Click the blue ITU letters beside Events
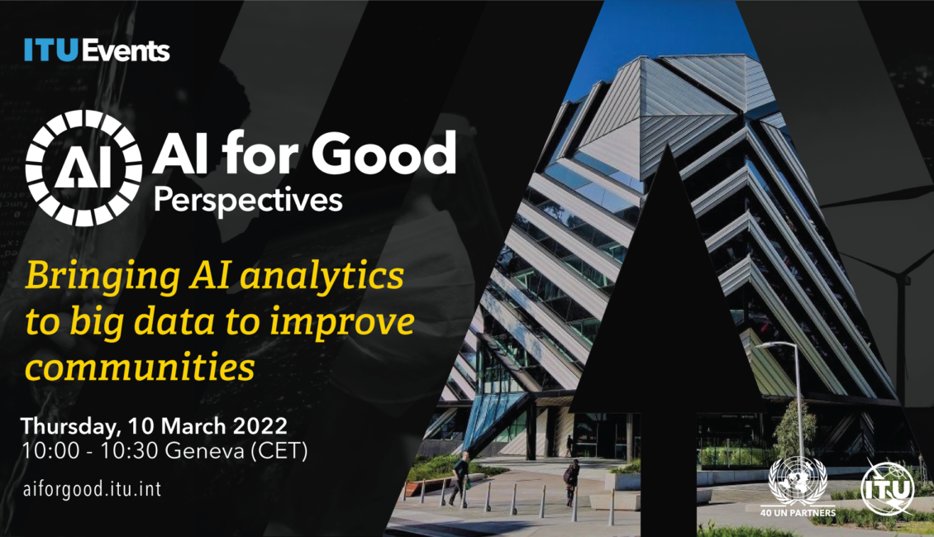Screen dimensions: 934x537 point(51,50)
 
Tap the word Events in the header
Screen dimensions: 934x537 point(126,50)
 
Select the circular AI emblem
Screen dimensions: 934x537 point(83,168)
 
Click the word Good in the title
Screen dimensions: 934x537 point(384,153)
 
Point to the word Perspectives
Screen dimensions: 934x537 point(249,202)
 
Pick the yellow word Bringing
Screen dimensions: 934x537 point(102,278)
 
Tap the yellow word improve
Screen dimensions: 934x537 point(342,323)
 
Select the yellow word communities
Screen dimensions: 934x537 point(140,367)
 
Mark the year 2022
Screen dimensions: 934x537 point(260,426)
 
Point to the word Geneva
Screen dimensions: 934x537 point(204,451)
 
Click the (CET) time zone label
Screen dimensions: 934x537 point(279,451)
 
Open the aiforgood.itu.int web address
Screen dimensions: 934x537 point(92,489)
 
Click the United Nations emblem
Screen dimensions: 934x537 point(798,481)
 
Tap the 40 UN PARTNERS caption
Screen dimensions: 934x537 point(798,512)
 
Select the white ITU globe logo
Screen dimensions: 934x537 point(888,487)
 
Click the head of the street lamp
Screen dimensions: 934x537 point(768,345)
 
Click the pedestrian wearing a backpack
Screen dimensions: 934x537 point(572,482)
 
